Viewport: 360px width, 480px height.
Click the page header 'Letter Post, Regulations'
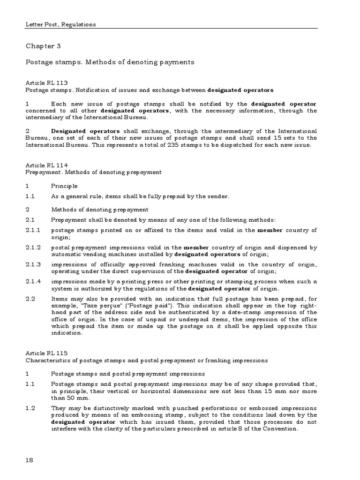click(60, 24)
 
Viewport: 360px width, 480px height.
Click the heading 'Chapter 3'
click(43, 46)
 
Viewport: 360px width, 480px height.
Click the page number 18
click(30, 461)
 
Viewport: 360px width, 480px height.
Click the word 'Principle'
click(65, 186)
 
